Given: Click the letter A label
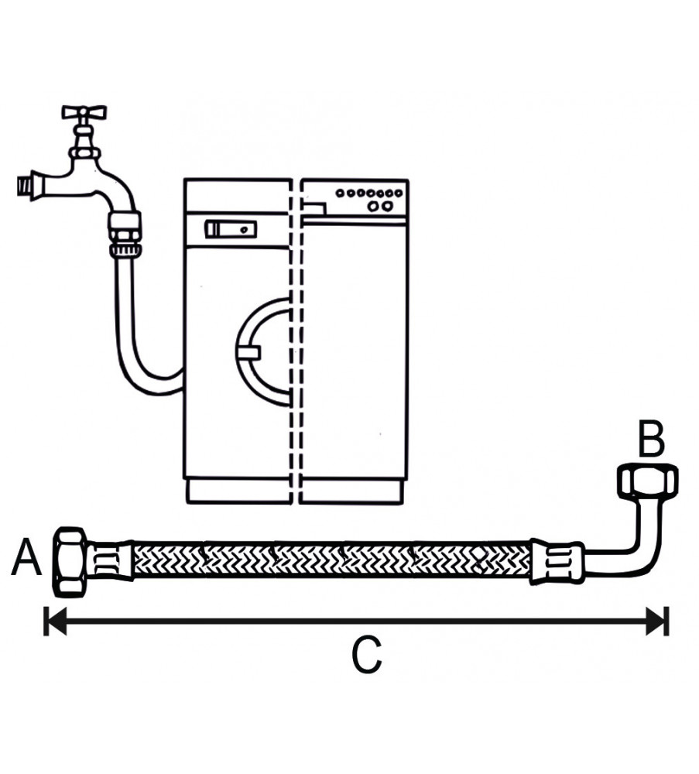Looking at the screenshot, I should (25, 559).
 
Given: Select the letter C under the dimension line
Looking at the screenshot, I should (366, 656).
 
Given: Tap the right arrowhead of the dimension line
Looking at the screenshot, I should (658, 620).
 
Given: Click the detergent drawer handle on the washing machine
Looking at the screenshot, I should (230, 229).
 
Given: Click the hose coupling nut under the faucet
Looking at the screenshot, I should (124, 232).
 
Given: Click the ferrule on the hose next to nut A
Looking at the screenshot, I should (108, 560).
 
